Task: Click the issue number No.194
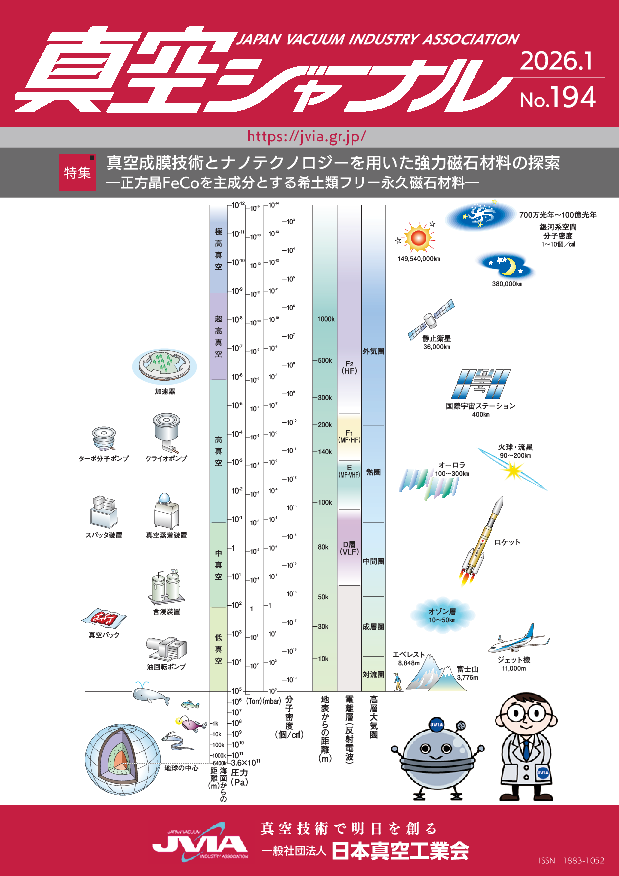558,98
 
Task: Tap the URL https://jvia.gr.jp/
307,136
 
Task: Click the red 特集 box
77,173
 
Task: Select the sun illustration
418,238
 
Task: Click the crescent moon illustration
508,267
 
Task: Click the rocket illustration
482,542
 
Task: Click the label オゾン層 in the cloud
442,611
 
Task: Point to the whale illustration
150,694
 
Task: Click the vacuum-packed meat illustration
104,619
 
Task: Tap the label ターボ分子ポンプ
104,458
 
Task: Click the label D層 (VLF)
349,548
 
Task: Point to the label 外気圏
373,351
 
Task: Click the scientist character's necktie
526,749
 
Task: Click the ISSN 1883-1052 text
571,860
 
